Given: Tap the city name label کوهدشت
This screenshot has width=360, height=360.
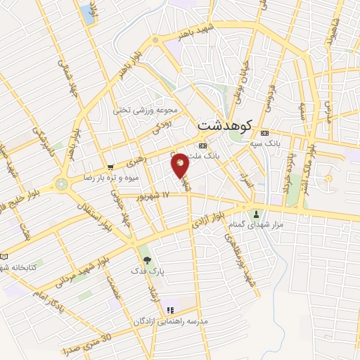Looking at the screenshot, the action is tap(221, 124).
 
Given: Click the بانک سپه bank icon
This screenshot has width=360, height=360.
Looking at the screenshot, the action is tap(264, 134).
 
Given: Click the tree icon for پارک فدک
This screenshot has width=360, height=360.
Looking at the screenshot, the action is tap(146, 259).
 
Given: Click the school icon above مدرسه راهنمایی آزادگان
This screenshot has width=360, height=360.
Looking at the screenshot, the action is tap(169, 310).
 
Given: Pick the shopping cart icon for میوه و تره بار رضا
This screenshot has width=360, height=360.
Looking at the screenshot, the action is tap(111, 167).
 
